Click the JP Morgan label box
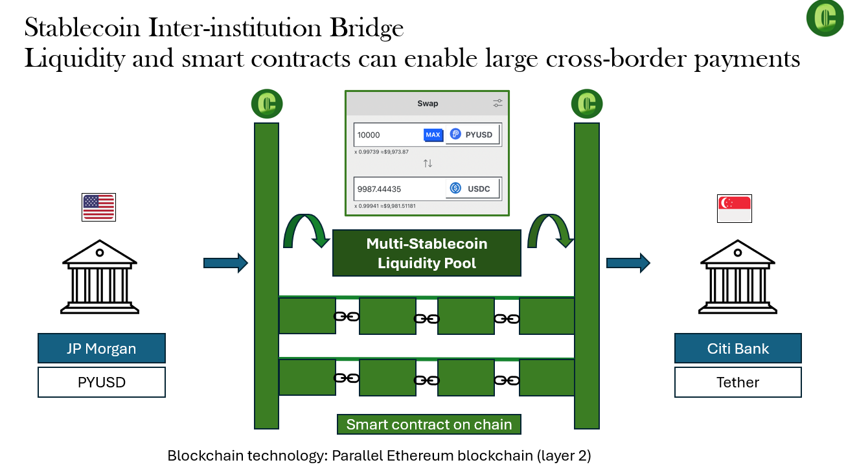(x=102, y=349)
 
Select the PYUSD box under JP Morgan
(x=102, y=382)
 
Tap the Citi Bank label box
(x=738, y=349)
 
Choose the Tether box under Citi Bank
(x=738, y=382)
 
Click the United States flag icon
(x=98, y=207)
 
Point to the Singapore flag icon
(x=735, y=209)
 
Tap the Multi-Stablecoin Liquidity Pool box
(x=427, y=253)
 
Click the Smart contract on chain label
(x=429, y=425)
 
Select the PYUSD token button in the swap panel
(x=473, y=135)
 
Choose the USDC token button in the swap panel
(x=473, y=189)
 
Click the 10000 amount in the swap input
(x=369, y=135)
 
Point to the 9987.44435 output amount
(x=380, y=189)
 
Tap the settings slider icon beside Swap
(x=497, y=103)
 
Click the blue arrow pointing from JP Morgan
(x=225, y=262)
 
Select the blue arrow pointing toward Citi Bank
(x=628, y=262)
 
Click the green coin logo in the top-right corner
(x=825, y=17)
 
